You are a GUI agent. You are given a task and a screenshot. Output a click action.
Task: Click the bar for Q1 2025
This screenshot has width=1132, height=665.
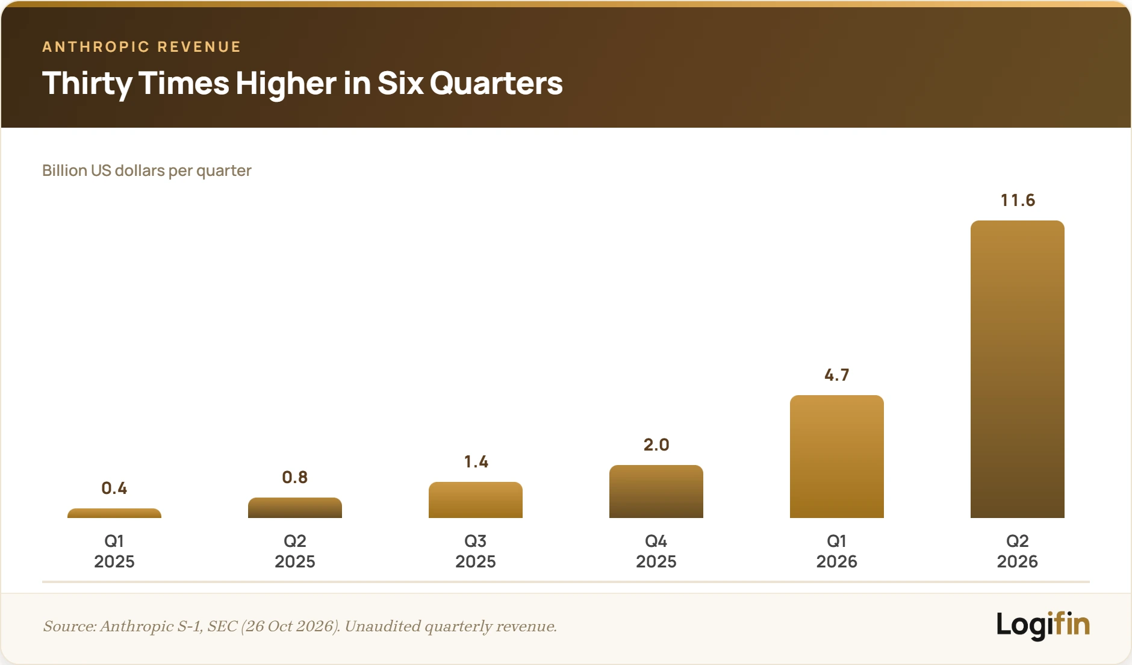(114, 513)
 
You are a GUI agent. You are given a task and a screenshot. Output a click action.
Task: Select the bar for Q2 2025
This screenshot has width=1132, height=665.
(295, 508)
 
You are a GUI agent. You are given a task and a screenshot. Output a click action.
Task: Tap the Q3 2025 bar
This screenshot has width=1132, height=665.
(476, 500)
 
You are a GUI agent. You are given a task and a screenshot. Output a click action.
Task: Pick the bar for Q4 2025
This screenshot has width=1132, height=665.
(656, 492)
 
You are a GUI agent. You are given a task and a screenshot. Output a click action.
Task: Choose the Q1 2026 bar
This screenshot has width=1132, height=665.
(837, 457)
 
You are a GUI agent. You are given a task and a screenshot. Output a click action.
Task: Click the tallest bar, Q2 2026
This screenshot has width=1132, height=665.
(1018, 369)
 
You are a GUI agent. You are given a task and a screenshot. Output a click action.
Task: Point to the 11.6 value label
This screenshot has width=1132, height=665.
(1018, 200)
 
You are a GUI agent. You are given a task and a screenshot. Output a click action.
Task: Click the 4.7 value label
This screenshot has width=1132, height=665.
(837, 375)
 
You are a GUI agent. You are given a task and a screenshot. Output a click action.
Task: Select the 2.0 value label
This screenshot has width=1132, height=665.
(656, 445)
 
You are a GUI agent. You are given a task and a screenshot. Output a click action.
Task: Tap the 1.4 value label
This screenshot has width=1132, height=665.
(476, 461)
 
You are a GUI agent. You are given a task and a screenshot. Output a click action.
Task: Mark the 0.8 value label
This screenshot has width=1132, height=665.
(295, 477)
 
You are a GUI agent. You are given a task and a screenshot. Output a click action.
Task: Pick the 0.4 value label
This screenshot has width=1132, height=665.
(114, 488)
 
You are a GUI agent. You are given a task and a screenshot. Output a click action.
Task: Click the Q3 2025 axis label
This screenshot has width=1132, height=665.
(476, 551)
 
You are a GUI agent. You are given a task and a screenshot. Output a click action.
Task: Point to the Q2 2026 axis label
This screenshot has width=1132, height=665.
(1018, 551)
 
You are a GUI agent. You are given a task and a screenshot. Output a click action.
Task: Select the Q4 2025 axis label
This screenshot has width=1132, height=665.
(656, 551)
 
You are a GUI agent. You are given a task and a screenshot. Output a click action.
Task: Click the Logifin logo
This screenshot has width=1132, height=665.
(1043, 625)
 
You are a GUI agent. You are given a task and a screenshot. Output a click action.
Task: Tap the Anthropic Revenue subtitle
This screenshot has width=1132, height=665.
(141, 47)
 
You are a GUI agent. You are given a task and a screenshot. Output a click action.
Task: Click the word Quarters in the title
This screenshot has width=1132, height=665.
(496, 83)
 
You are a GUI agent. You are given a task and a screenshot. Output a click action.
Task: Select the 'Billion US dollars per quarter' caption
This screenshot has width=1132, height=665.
(147, 170)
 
